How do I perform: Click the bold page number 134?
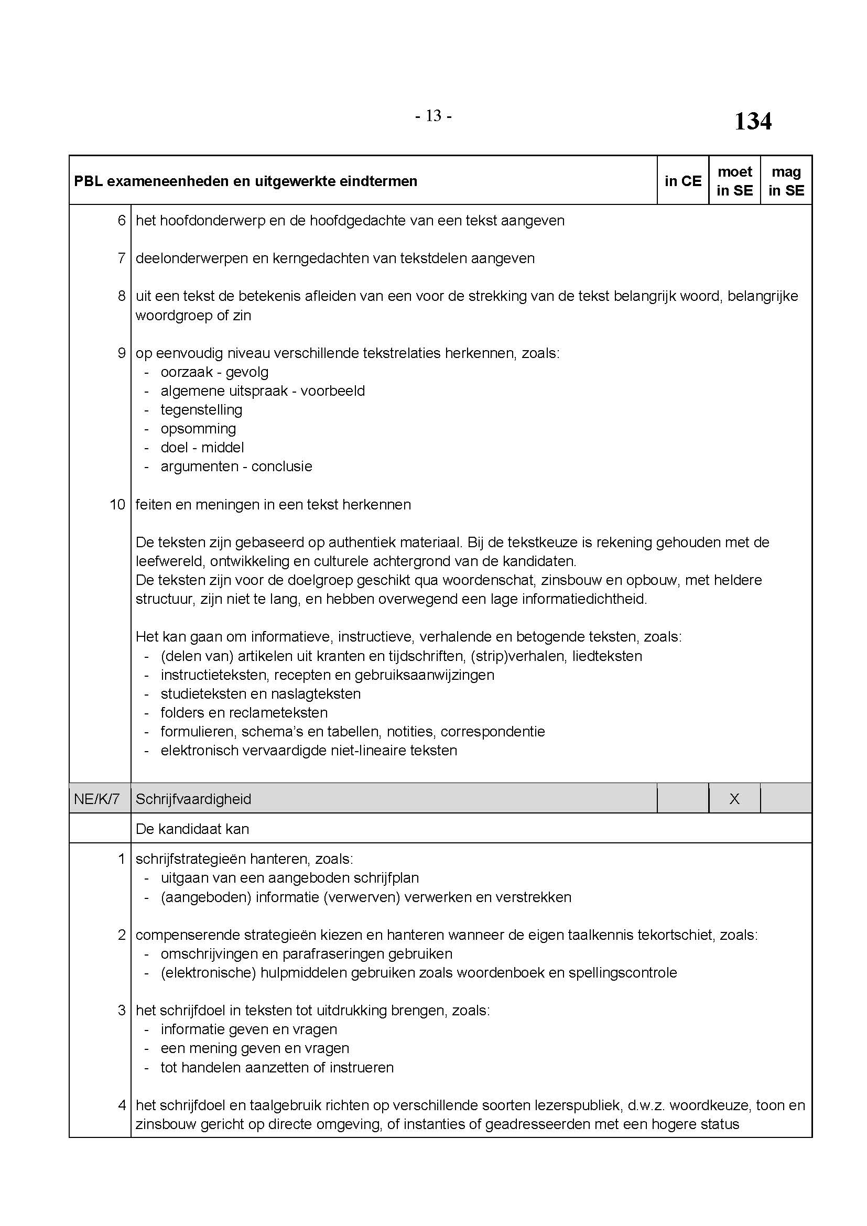[x=752, y=121]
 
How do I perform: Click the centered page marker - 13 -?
[x=433, y=116]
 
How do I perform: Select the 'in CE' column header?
[x=683, y=181]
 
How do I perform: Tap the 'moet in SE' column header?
[x=734, y=181]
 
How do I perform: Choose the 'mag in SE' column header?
[x=786, y=181]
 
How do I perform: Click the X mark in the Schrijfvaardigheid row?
[x=734, y=799]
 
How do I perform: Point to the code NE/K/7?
[x=97, y=799]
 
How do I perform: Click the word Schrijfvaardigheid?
[x=193, y=799]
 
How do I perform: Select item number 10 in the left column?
[x=117, y=505]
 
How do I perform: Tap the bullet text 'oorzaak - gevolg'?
[x=214, y=372]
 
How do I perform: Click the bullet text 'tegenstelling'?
[x=201, y=410]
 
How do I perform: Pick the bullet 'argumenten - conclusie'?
[x=236, y=466]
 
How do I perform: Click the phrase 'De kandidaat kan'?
[x=192, y=829]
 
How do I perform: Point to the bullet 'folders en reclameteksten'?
[x=244, y=713]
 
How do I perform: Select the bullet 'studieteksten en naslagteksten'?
[x=261, y=694]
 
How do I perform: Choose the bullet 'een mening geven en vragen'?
[x=255, y=1048]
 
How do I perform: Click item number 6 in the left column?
[x=122, y=221]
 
